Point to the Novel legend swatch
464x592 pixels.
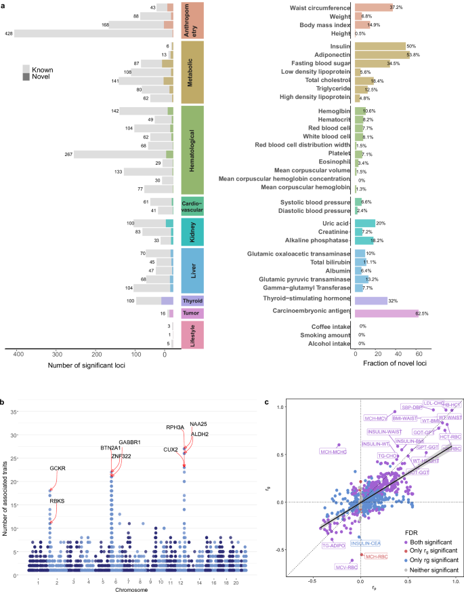point(26,77)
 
